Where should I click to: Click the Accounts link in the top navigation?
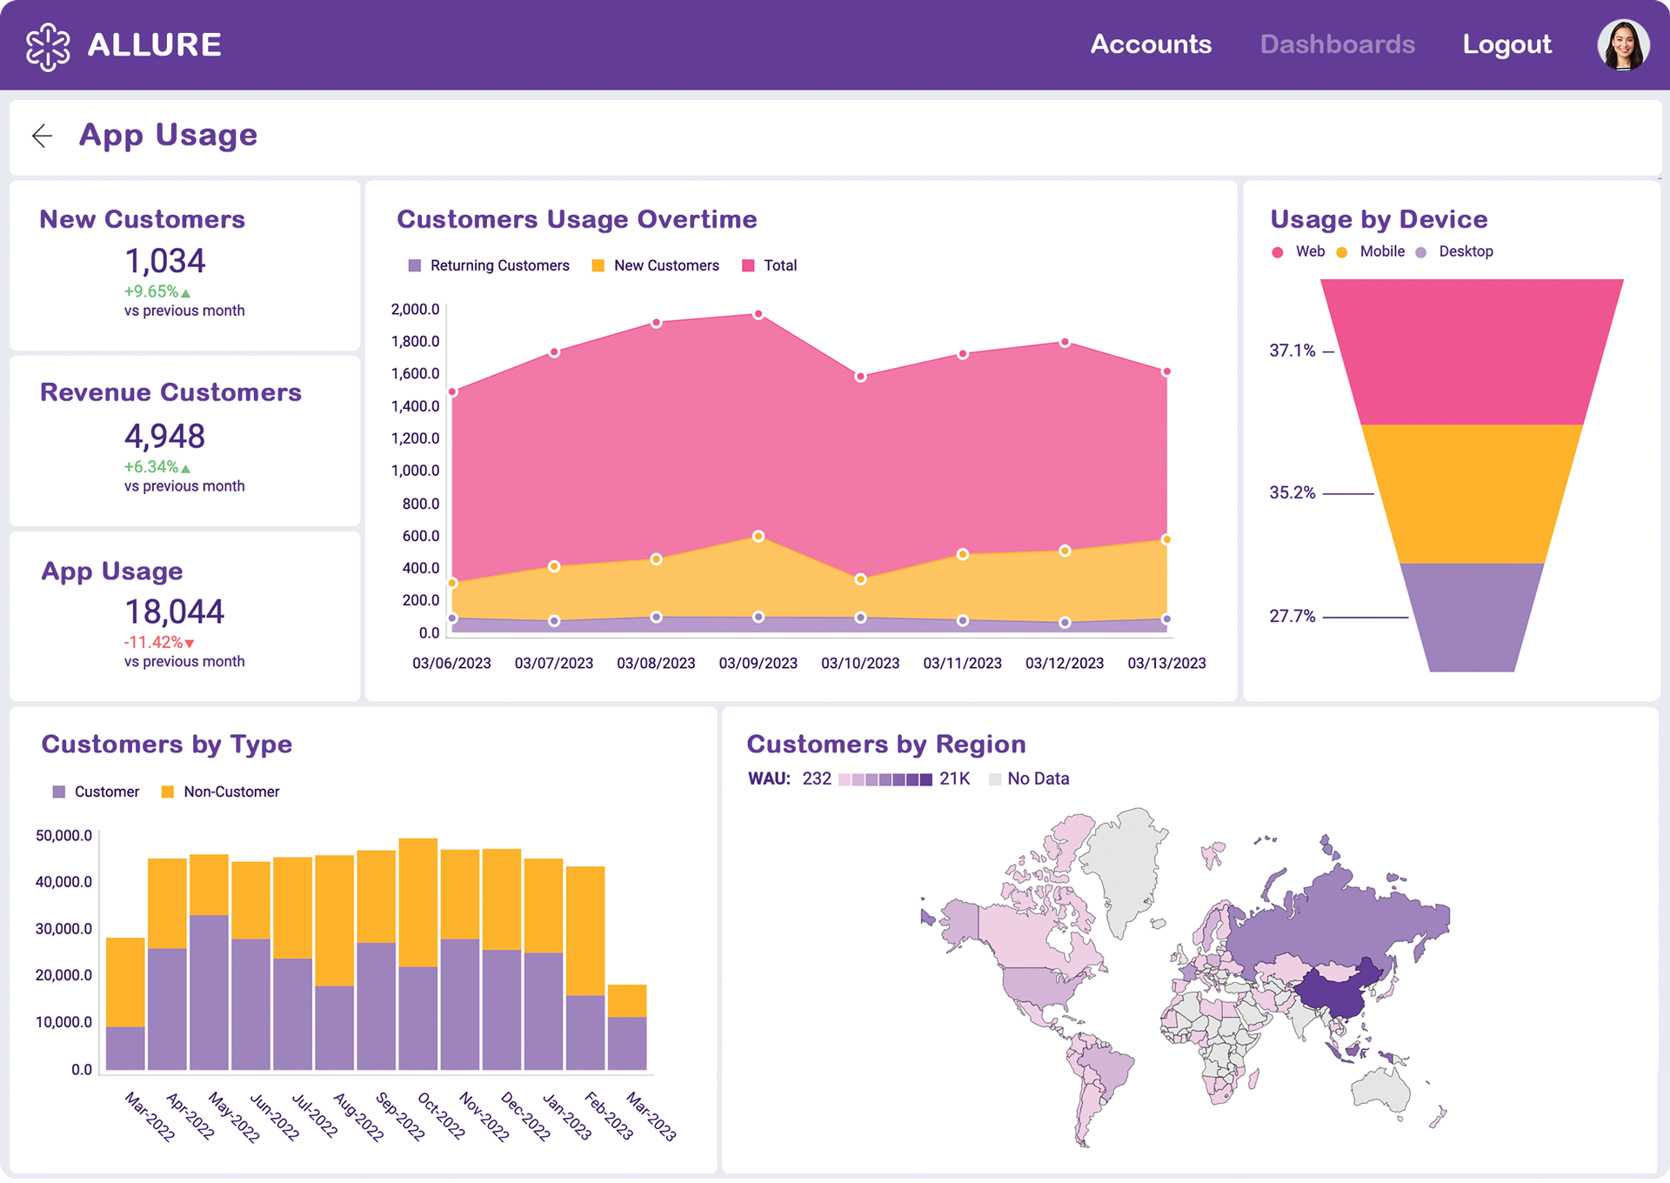[x=1150, y=44]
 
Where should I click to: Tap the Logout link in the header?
[x=1506, y=44]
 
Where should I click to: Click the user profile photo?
[x=1622, y=44]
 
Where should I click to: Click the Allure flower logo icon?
[x=48, y=46]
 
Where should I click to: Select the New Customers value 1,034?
[x=165, y=261]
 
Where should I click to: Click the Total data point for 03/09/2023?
[x=758, y=314]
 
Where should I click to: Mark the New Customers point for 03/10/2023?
[x=860, y=579]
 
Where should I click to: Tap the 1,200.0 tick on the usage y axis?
[x=415, y=438]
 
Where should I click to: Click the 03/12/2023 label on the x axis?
[x=1064, y=664]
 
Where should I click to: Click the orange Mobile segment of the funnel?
[x=1470, y=493]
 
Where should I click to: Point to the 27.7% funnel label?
[x=1292, y=617]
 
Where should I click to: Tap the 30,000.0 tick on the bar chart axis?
[x=63, y=929]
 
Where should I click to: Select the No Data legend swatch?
[x=995, y=779]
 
